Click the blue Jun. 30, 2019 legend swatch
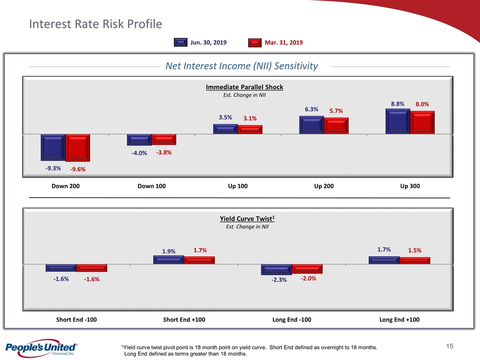point(181,42)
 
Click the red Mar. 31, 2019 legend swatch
point(255,42)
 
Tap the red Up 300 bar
point(422,122)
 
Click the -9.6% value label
point(77,169)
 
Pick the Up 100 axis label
point(238,186)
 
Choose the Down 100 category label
point(151,186)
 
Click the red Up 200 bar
point(336,125)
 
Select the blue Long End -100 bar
point(276,269)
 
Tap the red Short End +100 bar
point(199,260)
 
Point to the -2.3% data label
point(279,280)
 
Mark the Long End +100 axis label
point(399,319)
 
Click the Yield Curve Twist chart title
point(247,219)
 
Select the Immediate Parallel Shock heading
point(244,87)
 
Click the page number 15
point(449,346)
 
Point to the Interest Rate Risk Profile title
point(95,24)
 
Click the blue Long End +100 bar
point(383,260)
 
